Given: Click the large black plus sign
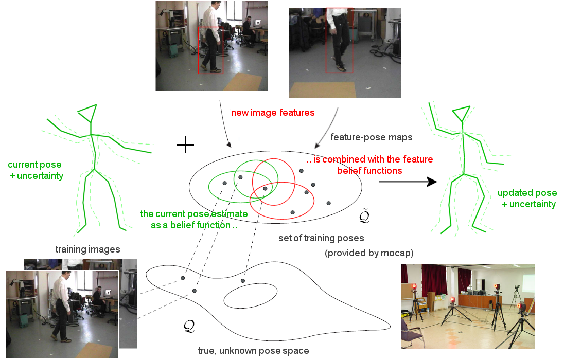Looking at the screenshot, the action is [x=185, y=145].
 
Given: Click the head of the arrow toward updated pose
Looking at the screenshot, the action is [x=432, y=182].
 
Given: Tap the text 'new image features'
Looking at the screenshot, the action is [x=273, y=113].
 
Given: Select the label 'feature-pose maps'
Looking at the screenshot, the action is [x=371, y=137].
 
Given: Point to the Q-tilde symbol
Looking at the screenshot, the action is [x=364, y=216].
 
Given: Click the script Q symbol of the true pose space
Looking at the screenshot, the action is [x=189, y=326].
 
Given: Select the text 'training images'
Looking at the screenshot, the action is [x=88, y=249].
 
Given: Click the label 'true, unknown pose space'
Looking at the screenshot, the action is [x=253, y=351].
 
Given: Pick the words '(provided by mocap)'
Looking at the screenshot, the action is [x=369, y=253].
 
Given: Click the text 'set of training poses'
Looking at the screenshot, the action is [x=321, y=238].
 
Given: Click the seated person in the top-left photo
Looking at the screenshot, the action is [x=249, y=30].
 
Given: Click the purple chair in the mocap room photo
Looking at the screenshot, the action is [x=412, y=334].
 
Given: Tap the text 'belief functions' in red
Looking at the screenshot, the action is [x=369, y=170].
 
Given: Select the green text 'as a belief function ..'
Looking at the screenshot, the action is [x=194, y=225].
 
